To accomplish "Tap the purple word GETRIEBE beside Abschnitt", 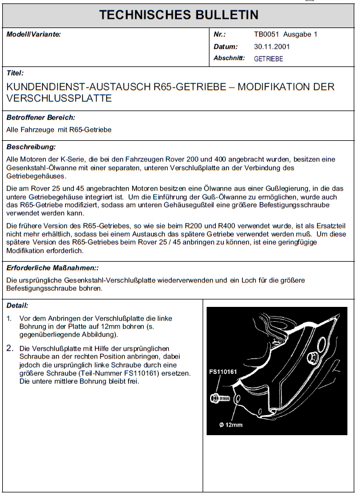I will pos(268,58).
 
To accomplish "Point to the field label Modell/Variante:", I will pos(33,34).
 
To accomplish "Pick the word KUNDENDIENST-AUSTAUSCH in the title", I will pos(78,87).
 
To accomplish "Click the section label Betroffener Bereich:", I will pos(41,117).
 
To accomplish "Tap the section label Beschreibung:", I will pos(31,147).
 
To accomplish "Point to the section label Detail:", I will pos(17,306).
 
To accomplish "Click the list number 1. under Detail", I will pos(10,318).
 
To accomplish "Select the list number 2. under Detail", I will pos(10,348).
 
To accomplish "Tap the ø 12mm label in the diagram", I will pos(231,424).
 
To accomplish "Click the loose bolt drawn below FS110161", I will pos(216,397).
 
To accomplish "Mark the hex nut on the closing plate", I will pos(312,358).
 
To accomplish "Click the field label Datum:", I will pos(226,46).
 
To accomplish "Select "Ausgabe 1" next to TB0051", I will pos(301,34).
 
